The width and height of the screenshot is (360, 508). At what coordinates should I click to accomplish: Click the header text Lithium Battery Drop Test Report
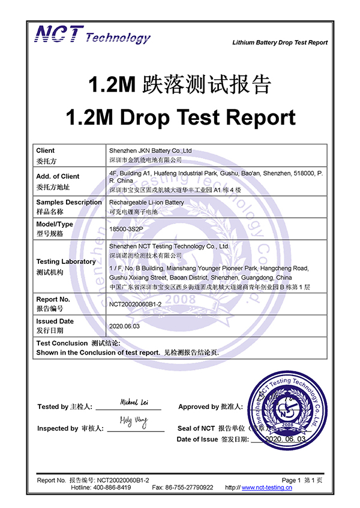tap(280, 43)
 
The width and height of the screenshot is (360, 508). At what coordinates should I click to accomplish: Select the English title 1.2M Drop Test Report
tap(180, 117)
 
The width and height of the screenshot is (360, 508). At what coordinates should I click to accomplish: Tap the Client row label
tap(45, 151)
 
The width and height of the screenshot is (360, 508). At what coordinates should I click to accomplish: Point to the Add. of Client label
tap(58, 176)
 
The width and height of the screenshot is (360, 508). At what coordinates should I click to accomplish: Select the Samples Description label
tap(69, 202)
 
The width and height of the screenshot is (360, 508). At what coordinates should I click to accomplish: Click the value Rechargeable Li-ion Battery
tap(146, 202)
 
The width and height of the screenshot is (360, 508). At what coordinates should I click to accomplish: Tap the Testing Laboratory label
tap(66, 261)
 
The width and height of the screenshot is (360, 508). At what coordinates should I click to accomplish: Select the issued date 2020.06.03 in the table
tap(124, 326)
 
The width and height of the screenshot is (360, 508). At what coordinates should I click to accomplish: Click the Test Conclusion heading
tap(62, 343)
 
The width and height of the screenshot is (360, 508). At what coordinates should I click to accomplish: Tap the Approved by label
tap(210, 407)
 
